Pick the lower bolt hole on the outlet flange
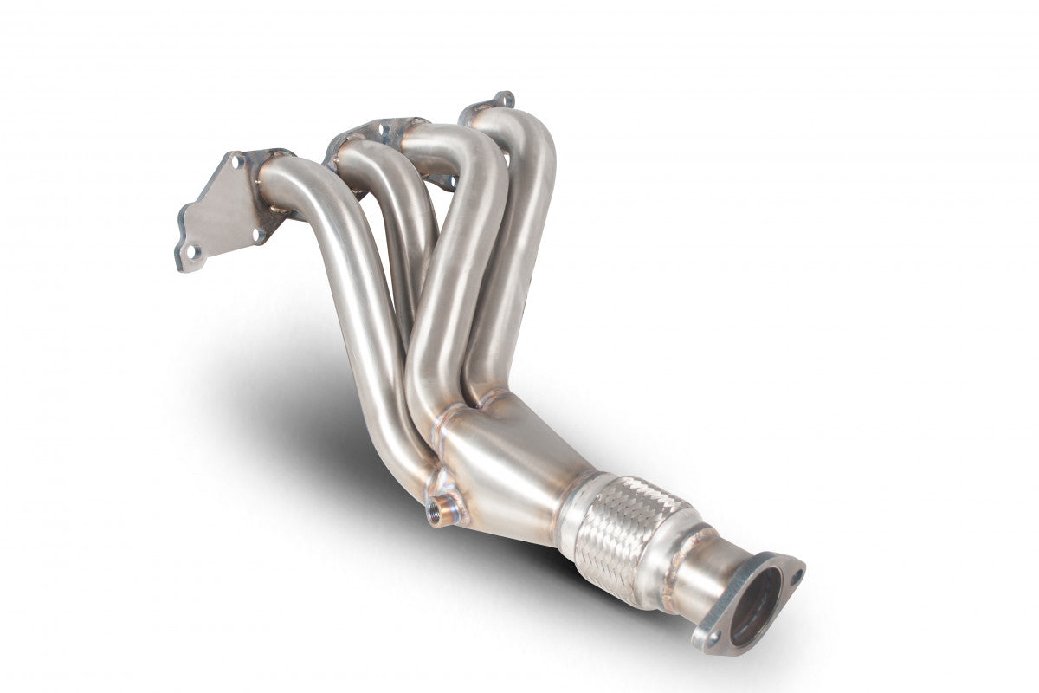(x=713, y=638)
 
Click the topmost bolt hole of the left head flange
(x=235, y=160)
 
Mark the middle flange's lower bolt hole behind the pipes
(x=449, y=182)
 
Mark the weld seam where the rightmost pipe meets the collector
(x=489, y=400)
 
